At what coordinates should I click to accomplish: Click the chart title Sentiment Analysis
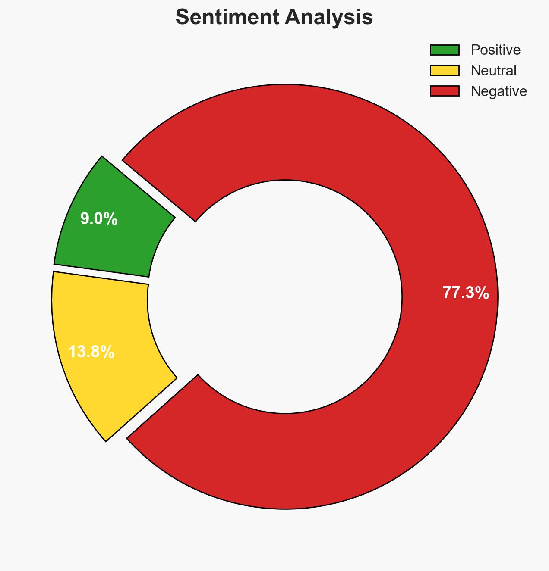[274, 18]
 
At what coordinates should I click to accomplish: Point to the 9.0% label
[99, 219]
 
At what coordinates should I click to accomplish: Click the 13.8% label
[91, 352]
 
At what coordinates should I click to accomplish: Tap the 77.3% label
[466, 293]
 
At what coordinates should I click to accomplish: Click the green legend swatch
[445, 50]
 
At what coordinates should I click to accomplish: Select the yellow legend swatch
[445, 70]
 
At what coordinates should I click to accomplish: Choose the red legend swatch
[445, 91]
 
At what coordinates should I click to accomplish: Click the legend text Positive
[495, 50]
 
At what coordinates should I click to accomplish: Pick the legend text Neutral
[493, 70]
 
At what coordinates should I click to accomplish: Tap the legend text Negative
[499, 91]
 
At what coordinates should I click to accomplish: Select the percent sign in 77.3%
[483, 293]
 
